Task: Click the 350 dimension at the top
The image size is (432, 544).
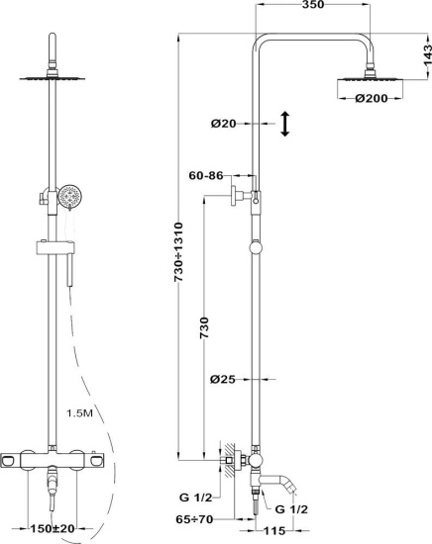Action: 313,5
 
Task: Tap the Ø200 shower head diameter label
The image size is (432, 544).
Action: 372,99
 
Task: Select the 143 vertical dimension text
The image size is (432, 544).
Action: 427,54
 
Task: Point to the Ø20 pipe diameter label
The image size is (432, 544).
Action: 223,124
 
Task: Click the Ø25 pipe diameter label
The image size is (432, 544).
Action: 223,379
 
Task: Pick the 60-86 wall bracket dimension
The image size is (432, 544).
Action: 206,175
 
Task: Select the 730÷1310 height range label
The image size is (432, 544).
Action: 178,252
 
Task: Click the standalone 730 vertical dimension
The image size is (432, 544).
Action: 204,327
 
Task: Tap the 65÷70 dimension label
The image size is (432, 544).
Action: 194,519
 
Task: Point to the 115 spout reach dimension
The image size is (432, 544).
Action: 273,531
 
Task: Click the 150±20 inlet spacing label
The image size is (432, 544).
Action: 53,529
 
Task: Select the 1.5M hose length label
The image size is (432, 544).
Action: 79,413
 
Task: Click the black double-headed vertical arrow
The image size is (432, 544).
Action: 285,124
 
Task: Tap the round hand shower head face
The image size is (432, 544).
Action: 70,196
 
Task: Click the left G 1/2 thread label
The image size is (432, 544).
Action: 195,498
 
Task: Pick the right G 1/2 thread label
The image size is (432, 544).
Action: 291,509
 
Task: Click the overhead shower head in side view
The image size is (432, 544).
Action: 370,84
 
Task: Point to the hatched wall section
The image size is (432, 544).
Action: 230,460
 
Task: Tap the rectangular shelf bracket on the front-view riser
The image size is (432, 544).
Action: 55,248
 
